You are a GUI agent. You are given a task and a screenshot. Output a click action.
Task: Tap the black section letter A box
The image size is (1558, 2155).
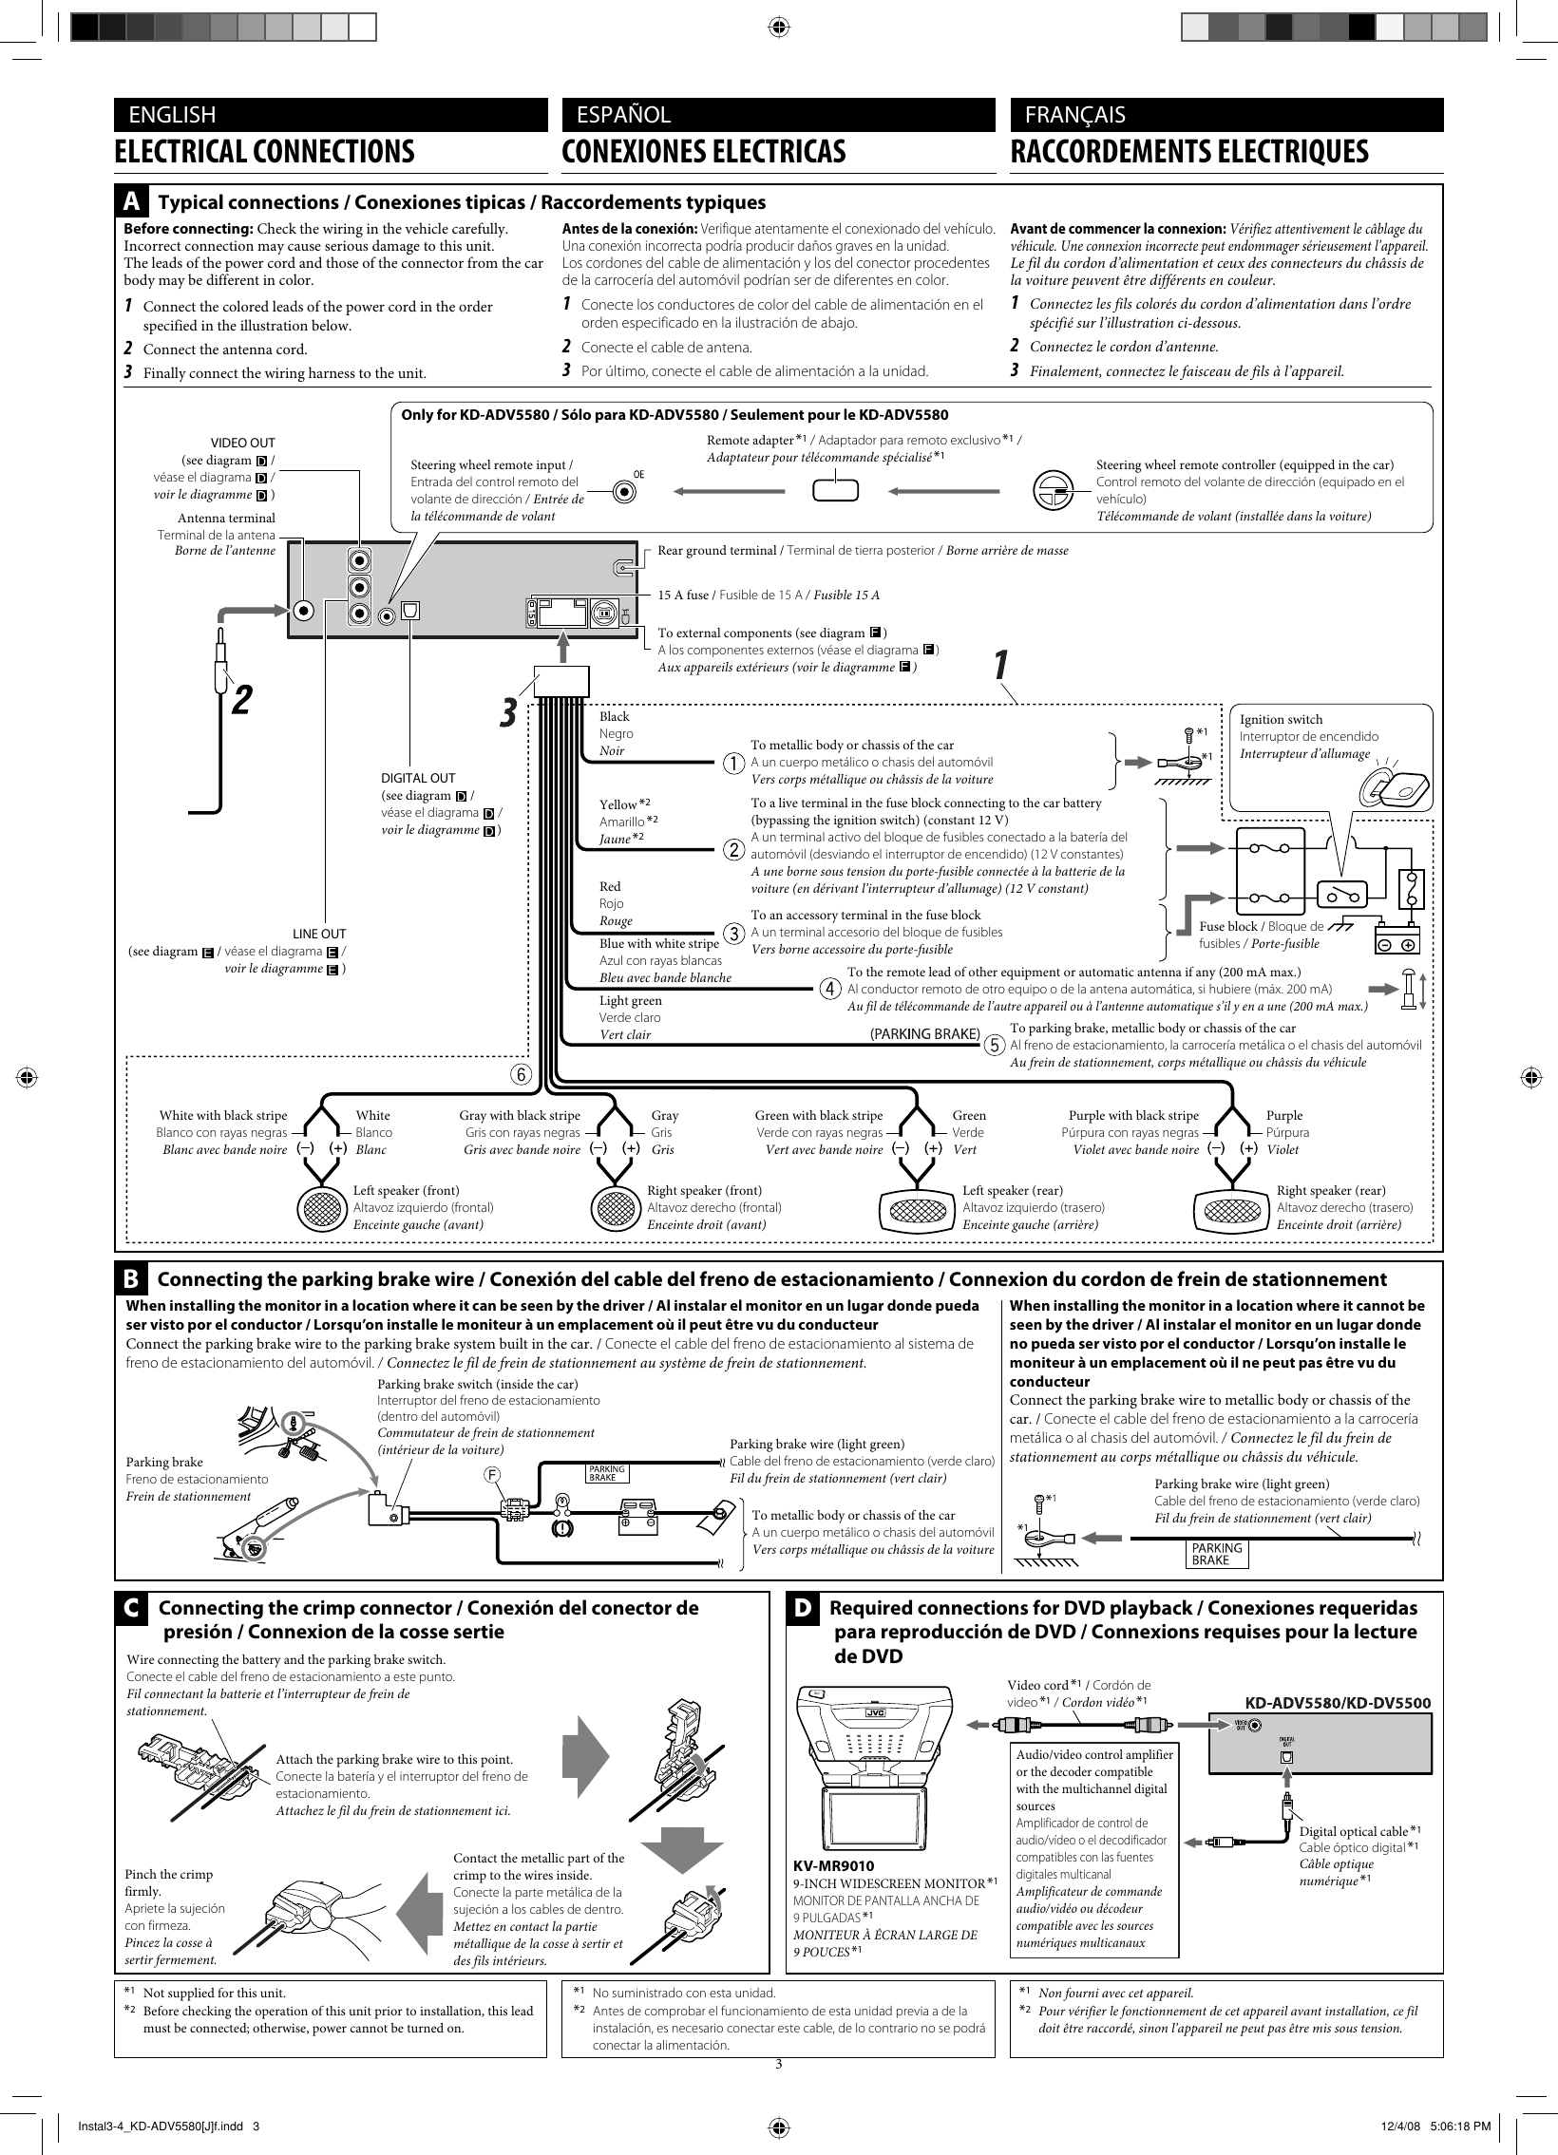(x=132, y=201)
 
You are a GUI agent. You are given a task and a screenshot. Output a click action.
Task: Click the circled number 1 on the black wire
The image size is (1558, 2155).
(x=732, y=762)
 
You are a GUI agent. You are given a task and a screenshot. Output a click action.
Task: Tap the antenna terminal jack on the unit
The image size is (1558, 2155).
(x=303, y=613)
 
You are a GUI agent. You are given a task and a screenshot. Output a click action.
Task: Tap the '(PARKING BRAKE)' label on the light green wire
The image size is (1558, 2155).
(x=925, y=1033)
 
